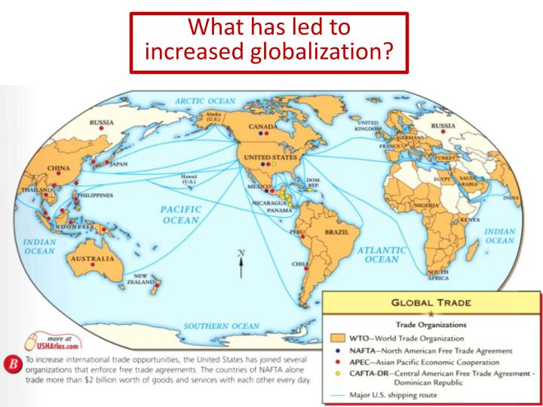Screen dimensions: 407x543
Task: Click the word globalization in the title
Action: point(330,54)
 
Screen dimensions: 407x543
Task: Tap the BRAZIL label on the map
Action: point(336,233)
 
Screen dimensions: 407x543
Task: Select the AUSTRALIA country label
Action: point(92,258)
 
